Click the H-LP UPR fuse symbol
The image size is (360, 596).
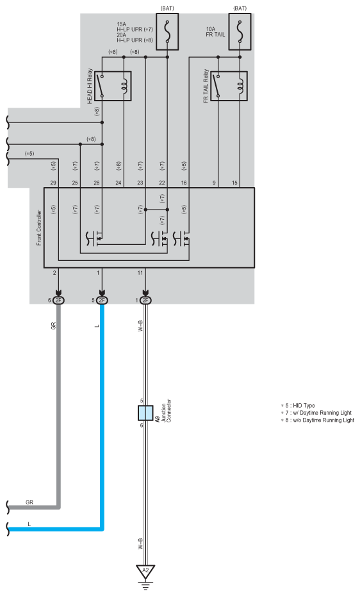[167, 31]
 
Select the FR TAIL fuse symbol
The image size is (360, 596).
[240, 31]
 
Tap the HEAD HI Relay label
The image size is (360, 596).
[90, 86]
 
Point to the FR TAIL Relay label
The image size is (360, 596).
[206, 86]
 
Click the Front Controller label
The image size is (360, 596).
[39, 228]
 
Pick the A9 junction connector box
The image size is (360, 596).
[145, 413]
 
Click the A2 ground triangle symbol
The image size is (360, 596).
[145, 571]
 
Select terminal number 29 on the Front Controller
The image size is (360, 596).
[53, 183]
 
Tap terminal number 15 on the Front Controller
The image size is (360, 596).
[234, 183]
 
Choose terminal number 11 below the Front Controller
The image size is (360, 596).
[140, 273]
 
